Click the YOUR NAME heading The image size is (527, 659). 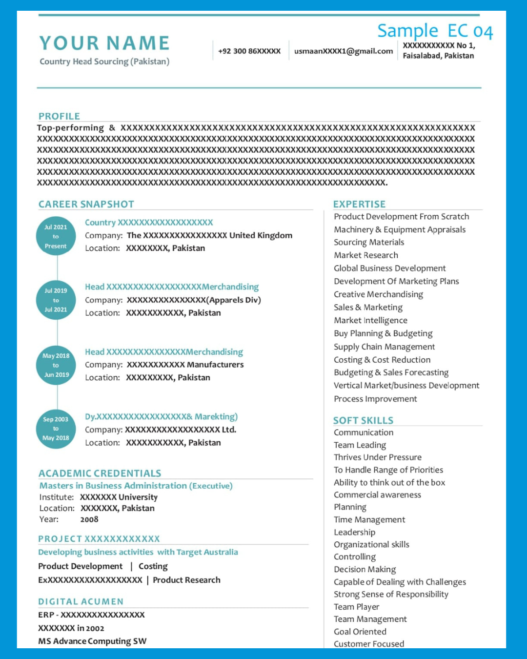click(104, 43)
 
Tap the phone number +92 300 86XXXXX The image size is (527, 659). click(249, 51)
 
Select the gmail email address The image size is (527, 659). click(344, 51)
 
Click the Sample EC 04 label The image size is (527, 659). click(435, 31)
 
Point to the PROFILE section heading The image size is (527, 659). click(59, 116)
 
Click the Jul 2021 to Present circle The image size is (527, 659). click(56, 236)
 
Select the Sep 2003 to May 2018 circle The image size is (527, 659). click(56, 429)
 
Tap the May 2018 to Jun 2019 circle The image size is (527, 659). click(56, 365)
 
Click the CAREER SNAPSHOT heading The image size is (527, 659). click(86, 204)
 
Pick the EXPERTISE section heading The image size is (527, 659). click(359, 204)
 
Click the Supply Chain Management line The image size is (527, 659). click(384, 347)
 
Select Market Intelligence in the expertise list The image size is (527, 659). click(370, 320)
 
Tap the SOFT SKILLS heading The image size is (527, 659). click(363, 420)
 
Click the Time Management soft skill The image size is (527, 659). click(369, 519)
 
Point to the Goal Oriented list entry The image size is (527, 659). click(360, 632)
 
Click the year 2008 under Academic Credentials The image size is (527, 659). click(89, 519)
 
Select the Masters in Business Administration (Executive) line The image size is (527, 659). click(136, 486)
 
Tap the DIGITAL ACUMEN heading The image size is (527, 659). click(81, 601)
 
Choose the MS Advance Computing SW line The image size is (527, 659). click(92, 641)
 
